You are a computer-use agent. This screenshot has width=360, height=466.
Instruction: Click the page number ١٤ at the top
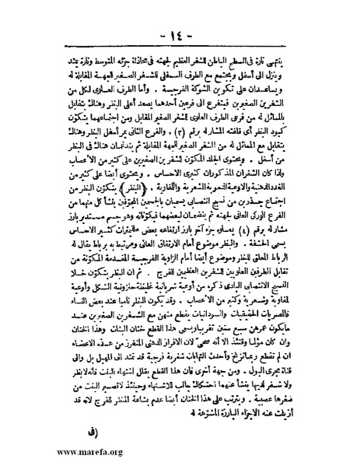coord(180,14)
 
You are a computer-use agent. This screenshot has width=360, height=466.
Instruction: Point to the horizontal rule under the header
coord(180,26)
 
